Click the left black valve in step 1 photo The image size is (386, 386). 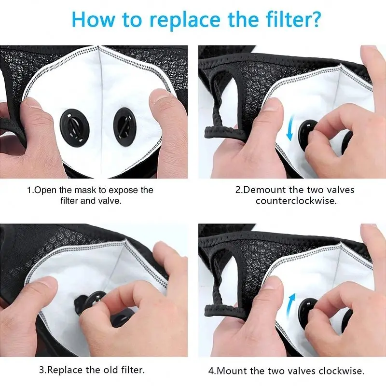coord(75,126)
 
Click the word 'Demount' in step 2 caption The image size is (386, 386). coord(264,190)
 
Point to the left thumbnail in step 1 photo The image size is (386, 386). coord(31,103)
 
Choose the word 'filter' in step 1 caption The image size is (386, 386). coord(69,201)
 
